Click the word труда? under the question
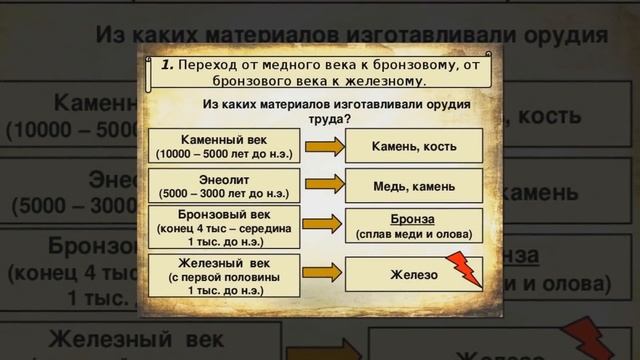coord(336,117)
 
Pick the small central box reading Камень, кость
coord(413,147)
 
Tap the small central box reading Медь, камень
coord(413,186)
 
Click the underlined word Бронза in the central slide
coord(413,220)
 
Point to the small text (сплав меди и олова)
coord(413,235)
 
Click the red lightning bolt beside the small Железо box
coord(465,269)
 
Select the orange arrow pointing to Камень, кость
coord(323,147)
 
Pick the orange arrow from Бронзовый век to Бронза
coord(323,227)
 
